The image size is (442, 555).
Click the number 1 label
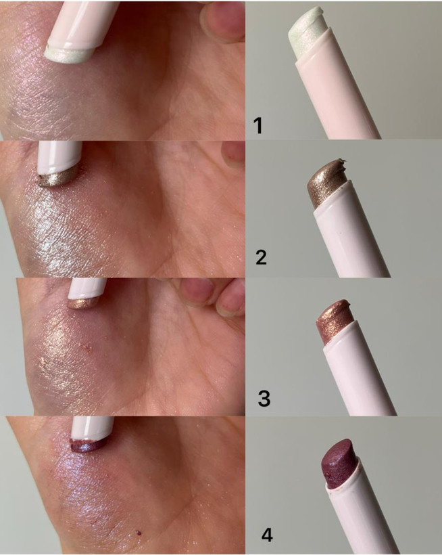(x=259, y=126)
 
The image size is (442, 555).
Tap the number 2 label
(x=261, y=257)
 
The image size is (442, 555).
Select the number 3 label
(x=264, y=397)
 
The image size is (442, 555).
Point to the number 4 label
(x=267, y=535)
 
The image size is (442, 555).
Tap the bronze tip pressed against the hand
(x=57, y=178)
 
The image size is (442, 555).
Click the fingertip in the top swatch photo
(x=222, y=20)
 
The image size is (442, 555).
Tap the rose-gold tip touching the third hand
(x=82, y=303)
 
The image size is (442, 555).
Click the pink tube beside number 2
(x=353, y=234)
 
